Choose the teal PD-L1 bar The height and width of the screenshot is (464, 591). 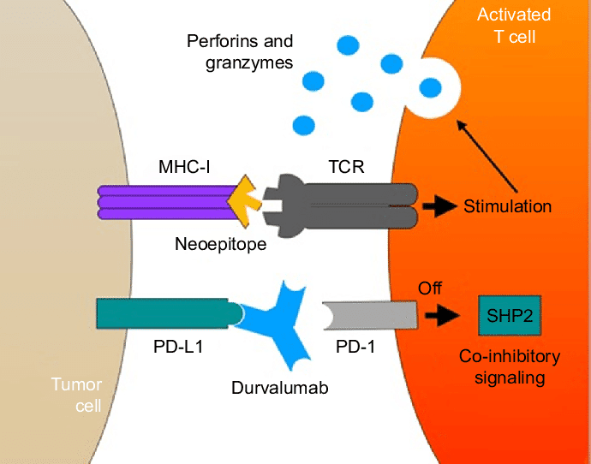pyautogui.click(x=163, y=314)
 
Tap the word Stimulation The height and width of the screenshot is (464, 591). pyautogui.click(x=507, y=206)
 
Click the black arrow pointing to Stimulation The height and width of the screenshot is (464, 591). pyautogui.click(x=441, y=206)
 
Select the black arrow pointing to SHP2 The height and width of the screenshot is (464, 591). pyautogui.click(x=443, y=316)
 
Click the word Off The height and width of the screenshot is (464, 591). pyautogui.click(x=430, y=289)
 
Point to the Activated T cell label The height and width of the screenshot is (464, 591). pyautogui.click(x=513, y=25)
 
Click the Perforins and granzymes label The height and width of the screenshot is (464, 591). pyautogui.click(x=239, y=51)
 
